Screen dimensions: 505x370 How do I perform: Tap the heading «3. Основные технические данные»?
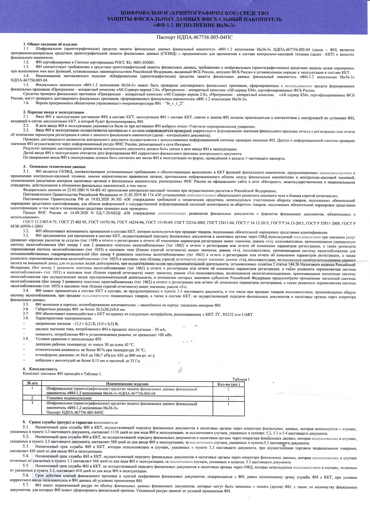[x=54, y=167]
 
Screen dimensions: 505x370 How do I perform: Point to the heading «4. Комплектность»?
[x=40, y=369]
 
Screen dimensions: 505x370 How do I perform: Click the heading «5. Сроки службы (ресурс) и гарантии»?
[x=70, y=422]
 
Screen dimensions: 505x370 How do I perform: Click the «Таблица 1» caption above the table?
[x=241, y=379]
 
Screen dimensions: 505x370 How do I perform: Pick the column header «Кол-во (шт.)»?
[x=228, y=384]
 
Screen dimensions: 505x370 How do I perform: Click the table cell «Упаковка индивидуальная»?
[x=69, y=398]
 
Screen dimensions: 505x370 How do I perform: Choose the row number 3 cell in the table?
[x=32, y=403]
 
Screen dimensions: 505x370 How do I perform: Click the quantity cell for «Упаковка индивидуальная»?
[x=228, y=399]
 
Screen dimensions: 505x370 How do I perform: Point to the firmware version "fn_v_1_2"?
[x=173, y=103]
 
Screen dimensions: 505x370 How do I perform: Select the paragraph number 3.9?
[x=26, y=339]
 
